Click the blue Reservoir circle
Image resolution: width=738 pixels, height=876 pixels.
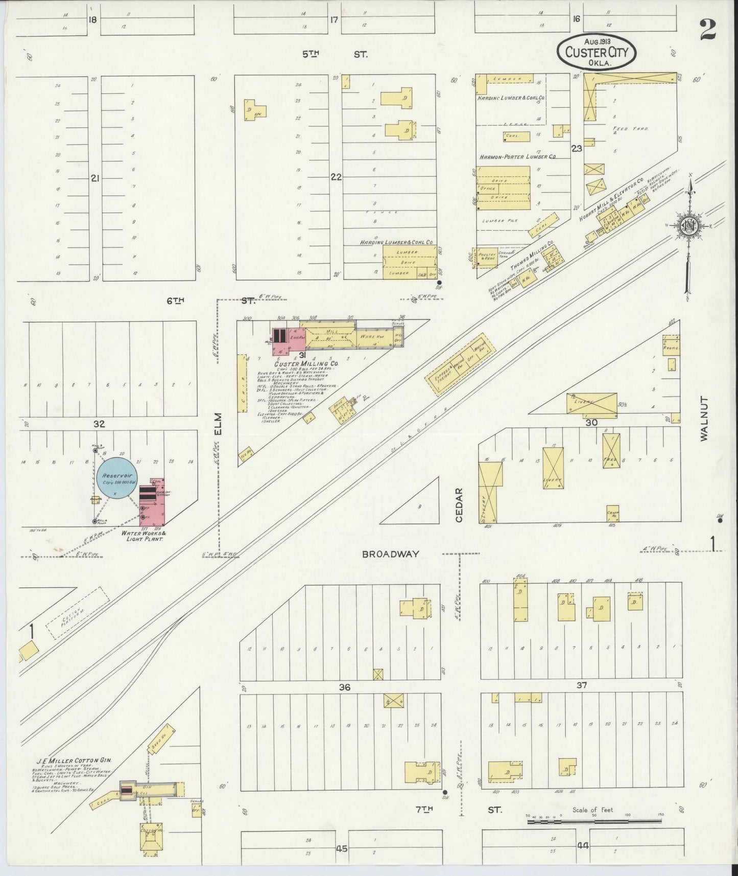[x=118, y=477]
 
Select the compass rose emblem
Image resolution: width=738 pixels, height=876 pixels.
[x=689, y=225]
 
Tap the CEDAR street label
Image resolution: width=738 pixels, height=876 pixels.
[x=459, y=505]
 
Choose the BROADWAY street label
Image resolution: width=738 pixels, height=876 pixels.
[x=391, y=554]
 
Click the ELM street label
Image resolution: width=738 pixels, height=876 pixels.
[x=218, y=424]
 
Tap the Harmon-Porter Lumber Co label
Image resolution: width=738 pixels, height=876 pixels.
[x=517, y=157]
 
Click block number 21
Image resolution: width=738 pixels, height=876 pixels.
[x=94, y=178]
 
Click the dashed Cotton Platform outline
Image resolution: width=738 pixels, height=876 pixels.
[x=78, y=612]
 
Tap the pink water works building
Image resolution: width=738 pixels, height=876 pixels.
[x=153, y=503]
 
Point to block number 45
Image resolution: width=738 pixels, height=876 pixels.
[x=342, y=849]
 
